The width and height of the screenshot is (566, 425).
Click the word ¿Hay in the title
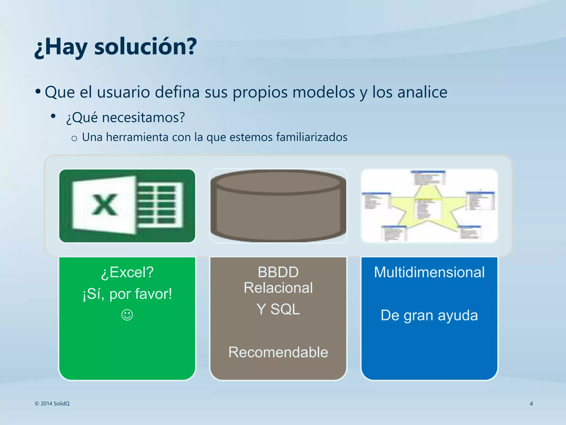tap(61, 47)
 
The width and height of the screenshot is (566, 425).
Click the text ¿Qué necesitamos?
tap(125, 117)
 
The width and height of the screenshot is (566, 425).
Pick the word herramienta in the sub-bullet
tap(137, 137)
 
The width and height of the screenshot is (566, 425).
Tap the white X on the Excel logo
tap(104, 205)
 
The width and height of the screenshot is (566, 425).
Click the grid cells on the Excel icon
tap(160, 205)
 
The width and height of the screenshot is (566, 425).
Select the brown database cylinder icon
tap(278, 206)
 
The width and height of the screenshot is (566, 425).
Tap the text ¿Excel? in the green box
tap(127, 272)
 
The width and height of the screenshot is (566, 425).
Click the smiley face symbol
tap(127, 315)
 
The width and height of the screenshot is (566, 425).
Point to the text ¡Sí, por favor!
tap(127, 294)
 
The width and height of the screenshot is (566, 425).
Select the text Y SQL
tap(278, 309)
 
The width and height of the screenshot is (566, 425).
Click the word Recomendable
tap(278, 352)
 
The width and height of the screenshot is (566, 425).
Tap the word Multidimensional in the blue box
tap(429, 272)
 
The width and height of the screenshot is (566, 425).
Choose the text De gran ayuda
tap(429, 315)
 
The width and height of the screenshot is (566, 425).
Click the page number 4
tap(531, 404)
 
